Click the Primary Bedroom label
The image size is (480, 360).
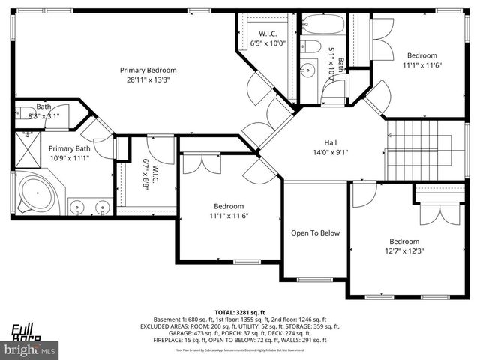(x=146, y=70)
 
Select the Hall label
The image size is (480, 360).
(x=330, y=142)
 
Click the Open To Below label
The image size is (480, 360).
(x=315, y=232)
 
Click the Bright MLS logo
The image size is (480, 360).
(x=30, y=349)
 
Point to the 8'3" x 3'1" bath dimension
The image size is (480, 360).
(x=43, y=116)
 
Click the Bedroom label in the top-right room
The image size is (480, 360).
(x=421, y=55)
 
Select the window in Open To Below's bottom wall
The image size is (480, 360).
(x=314, y=280)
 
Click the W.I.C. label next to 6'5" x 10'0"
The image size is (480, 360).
(x=268, y=34)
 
